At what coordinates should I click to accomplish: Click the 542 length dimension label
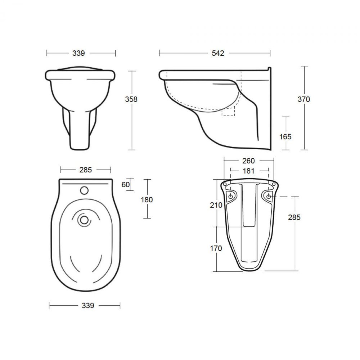pos(218,53)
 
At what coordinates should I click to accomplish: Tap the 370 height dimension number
pos(304,99)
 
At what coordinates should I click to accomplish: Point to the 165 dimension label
pos(285,136)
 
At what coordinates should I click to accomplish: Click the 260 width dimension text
pos(248,161)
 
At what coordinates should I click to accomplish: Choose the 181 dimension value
pos(248,171)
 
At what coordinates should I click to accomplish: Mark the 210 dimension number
pos(216,205)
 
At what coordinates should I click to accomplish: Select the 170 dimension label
pos(216,248)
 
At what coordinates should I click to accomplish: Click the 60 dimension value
pos(126,184)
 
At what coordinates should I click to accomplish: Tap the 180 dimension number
pos(147,199)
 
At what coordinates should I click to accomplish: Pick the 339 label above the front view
pos(78,53)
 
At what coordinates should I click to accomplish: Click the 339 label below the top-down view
pos(87,305)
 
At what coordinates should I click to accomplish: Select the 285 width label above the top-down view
pos(86,170)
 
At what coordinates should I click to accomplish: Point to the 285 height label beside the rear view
pos(294,217)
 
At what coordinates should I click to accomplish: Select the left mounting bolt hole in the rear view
pos(231,196)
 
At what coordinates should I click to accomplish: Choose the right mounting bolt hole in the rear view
pos(269,196)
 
